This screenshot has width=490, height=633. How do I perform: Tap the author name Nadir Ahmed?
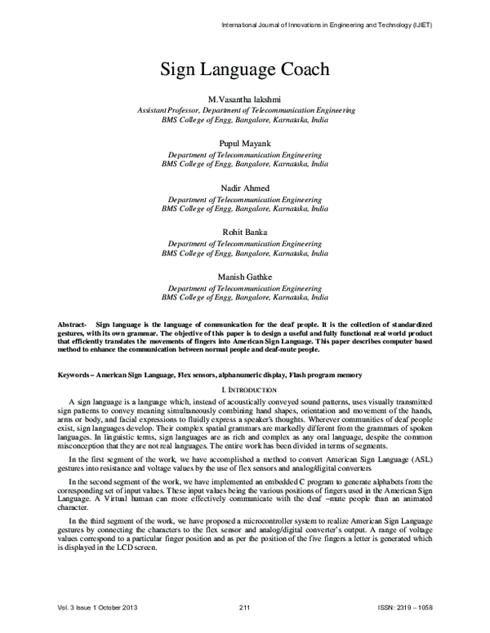pyautogui.click(x=245, y=188)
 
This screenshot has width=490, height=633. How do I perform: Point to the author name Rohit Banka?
pyautogui.click(x=245, y=232)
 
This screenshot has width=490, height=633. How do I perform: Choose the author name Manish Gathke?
pyautogui.click(x=245, y=277)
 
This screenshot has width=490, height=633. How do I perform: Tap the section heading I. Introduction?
pyautogui.click(x=244, y=390)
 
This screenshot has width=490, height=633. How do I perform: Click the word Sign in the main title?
pyautogui.click(x=178, y=69)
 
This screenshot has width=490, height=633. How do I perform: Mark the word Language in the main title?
pyautogui.click(x=234, y=69)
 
